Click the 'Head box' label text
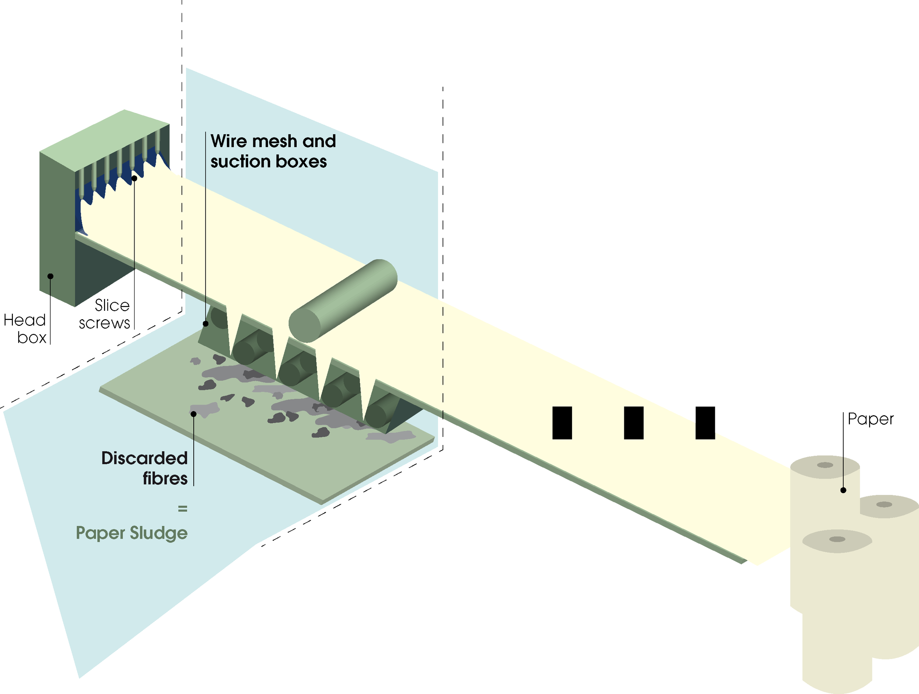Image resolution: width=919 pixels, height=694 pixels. pos(25,328)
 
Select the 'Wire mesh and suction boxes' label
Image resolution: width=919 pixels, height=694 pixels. pos(272,151)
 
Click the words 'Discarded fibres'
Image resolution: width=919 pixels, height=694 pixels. pos(144,468)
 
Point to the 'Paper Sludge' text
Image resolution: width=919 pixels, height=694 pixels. pos(132,533)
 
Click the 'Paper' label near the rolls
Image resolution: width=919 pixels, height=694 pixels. pos(870,419)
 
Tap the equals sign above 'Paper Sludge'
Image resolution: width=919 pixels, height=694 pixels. pos(182,509)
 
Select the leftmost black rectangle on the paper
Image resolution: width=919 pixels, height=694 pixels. pos(562,423)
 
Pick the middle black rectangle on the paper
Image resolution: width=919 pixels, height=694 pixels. pos(634,423)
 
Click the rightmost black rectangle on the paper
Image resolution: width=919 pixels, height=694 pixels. pos(705,423)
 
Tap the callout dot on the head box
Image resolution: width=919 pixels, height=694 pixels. pos(51,276)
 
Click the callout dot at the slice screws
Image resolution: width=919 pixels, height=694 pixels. pos(134,178)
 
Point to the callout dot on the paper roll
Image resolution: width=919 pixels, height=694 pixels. pos(843,490)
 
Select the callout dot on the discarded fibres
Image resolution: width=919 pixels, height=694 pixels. pos(194,414)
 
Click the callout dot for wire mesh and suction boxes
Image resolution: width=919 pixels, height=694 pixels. pos(205,324)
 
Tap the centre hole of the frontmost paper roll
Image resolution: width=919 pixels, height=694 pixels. pos(837,540)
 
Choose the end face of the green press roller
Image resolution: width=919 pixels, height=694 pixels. pos(304,324)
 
